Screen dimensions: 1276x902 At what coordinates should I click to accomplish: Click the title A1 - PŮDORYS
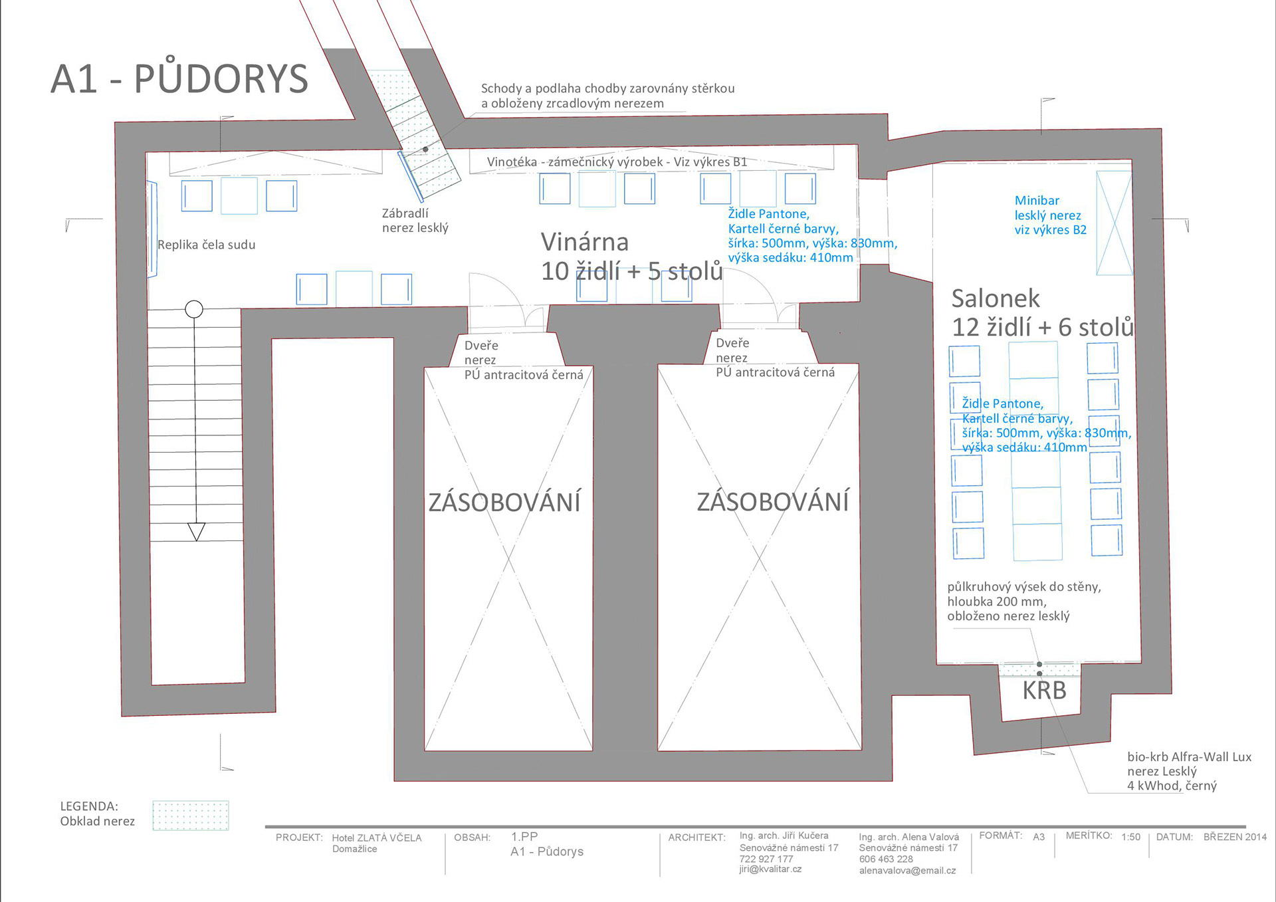click(179, 78)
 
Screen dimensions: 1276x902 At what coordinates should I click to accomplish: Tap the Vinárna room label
click(585, 242)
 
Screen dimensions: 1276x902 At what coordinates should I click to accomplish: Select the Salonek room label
click(996, 298)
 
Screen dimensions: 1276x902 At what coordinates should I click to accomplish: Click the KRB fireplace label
click(1044, 691)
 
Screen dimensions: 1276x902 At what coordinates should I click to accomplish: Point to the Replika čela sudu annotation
click(206, 245)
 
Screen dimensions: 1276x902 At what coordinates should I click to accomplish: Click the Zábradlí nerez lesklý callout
click(415, 221)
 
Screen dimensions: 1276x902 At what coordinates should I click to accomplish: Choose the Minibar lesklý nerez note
click(1050, 215)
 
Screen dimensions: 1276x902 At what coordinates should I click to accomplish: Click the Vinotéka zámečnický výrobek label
click(617, 162)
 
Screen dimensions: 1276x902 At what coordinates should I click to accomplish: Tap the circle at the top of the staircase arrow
click(194, 309)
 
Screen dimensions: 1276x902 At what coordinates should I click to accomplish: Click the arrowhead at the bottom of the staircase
click(197, 532)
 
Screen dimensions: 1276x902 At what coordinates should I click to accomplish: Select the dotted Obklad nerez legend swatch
click(191, 816)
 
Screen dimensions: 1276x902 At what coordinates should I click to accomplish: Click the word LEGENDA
click(89, 806)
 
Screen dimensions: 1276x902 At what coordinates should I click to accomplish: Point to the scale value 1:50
click(1130, 837)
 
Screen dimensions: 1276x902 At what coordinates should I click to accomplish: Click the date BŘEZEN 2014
click(1235, 837)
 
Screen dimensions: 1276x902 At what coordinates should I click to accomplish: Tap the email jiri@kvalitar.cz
click(770, 869)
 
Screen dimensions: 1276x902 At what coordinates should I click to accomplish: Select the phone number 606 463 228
click(886, 859)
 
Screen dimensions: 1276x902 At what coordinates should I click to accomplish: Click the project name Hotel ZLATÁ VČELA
click(377, 838)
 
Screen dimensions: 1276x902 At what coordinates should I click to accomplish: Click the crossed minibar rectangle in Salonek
click(1114, 223)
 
